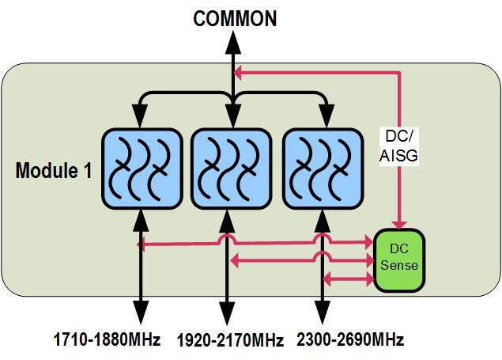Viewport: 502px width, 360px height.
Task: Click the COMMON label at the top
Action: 235,17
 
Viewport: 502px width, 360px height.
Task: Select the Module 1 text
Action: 53,171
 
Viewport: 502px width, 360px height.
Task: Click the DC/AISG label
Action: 400,146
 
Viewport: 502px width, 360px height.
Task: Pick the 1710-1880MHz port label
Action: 108,341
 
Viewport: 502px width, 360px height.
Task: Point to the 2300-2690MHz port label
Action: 350,341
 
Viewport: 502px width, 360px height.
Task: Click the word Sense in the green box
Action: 399,264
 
